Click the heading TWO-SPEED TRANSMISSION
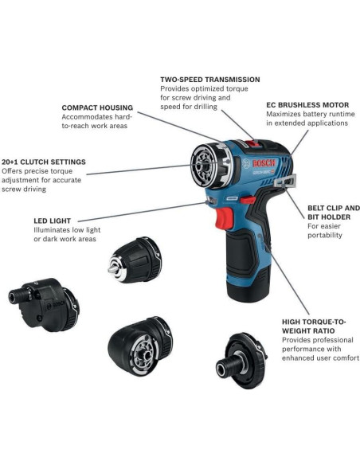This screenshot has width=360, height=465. [209, 80]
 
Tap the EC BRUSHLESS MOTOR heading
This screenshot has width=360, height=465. [308, 104]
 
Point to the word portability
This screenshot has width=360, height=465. [325, 235]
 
